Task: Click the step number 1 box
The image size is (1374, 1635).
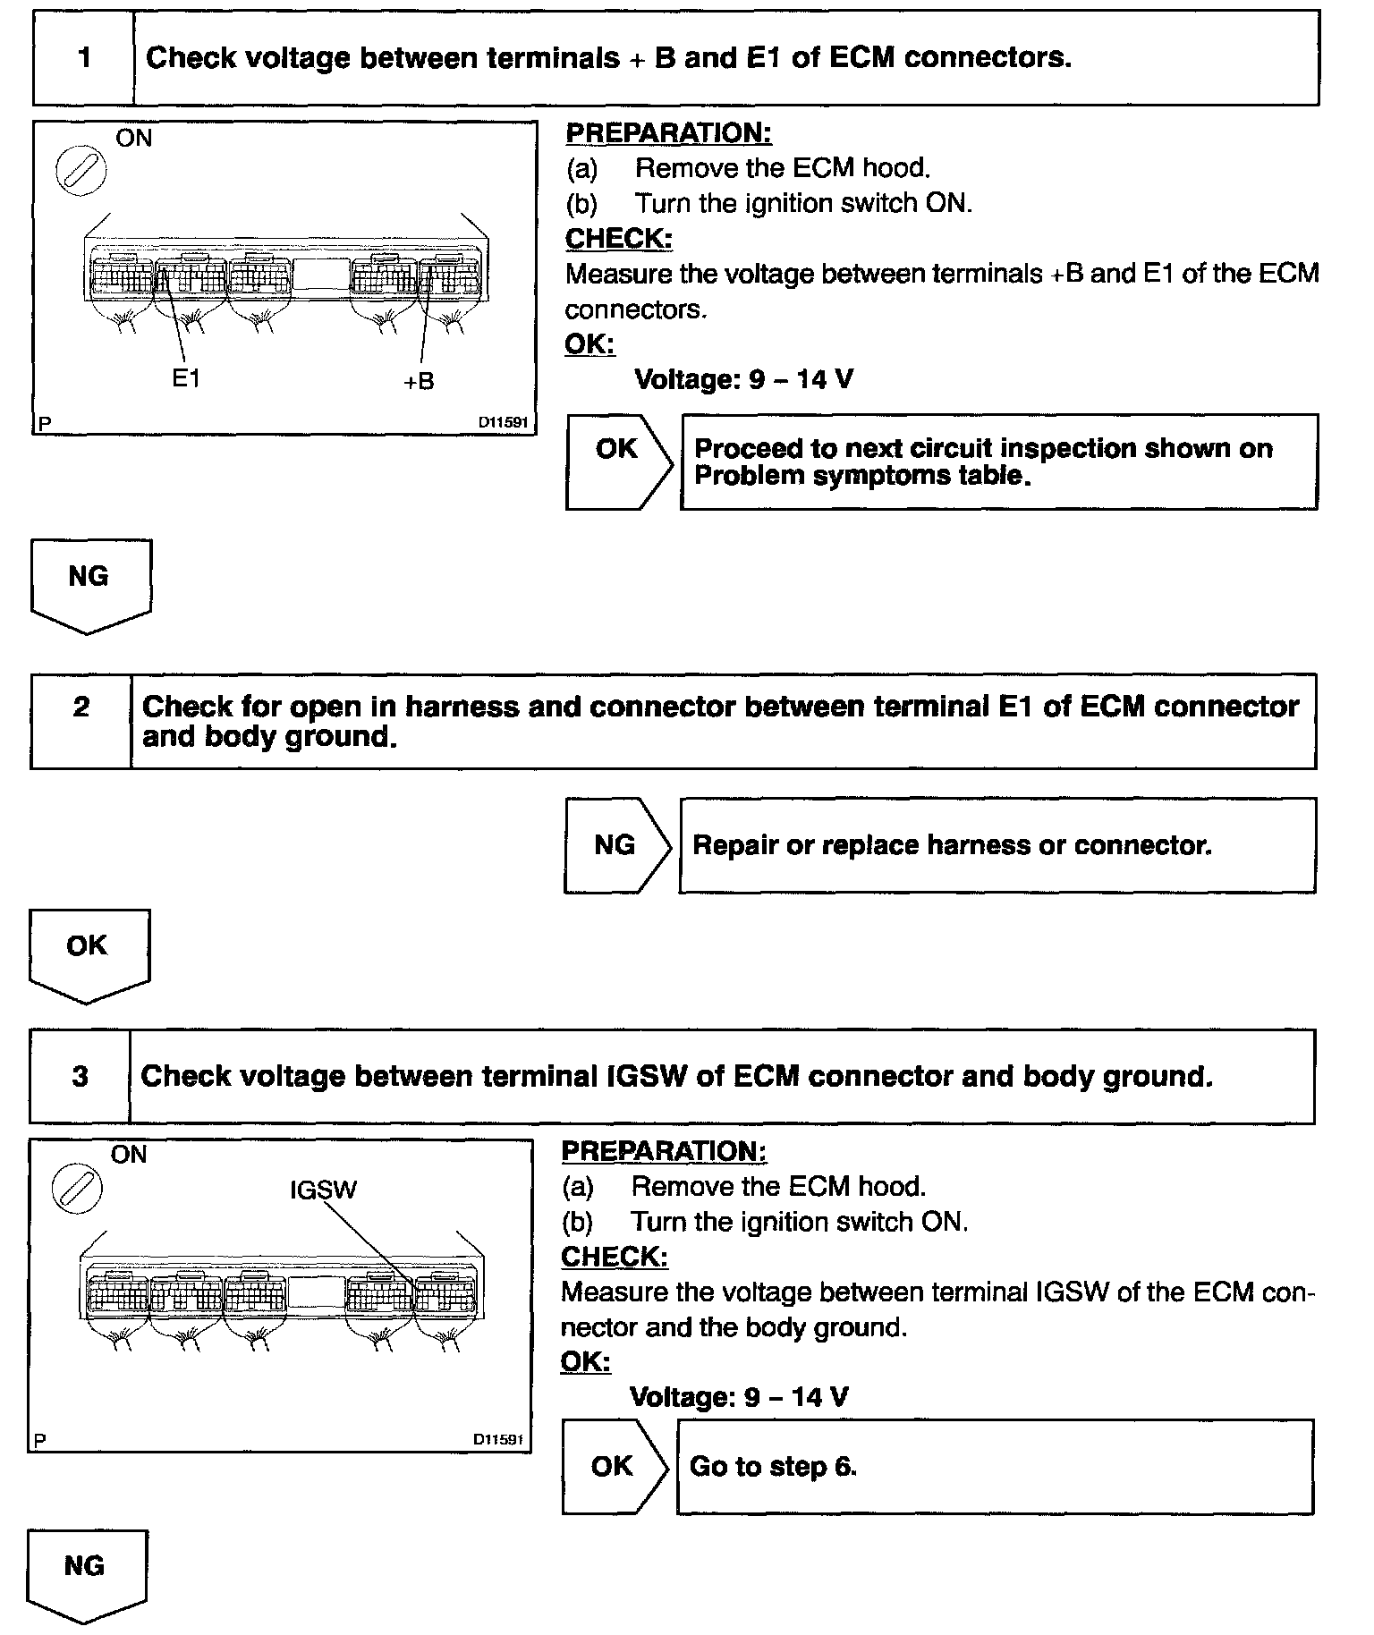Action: pos(83,58)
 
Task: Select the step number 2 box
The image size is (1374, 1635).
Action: pos(81,721)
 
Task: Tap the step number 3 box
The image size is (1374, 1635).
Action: pos(80,1076)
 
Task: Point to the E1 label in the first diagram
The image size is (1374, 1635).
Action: pos(186,378)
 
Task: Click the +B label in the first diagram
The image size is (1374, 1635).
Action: pos(418,381)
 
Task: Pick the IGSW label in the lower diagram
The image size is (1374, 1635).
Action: pos(323,1190)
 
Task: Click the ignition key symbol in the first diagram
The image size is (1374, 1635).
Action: pos(81,170)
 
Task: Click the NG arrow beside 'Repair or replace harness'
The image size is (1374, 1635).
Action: pos(616,845)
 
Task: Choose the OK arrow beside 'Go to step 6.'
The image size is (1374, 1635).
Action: pos(614,1466)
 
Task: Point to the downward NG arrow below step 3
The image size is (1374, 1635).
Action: pos(86,1575)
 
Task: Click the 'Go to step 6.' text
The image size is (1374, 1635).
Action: pos(773,1467)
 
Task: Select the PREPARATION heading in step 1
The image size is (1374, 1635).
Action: pos(667,133)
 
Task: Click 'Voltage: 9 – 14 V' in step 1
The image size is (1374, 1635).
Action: pos(743,379)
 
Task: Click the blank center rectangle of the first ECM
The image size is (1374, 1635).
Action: pos(320,274)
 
